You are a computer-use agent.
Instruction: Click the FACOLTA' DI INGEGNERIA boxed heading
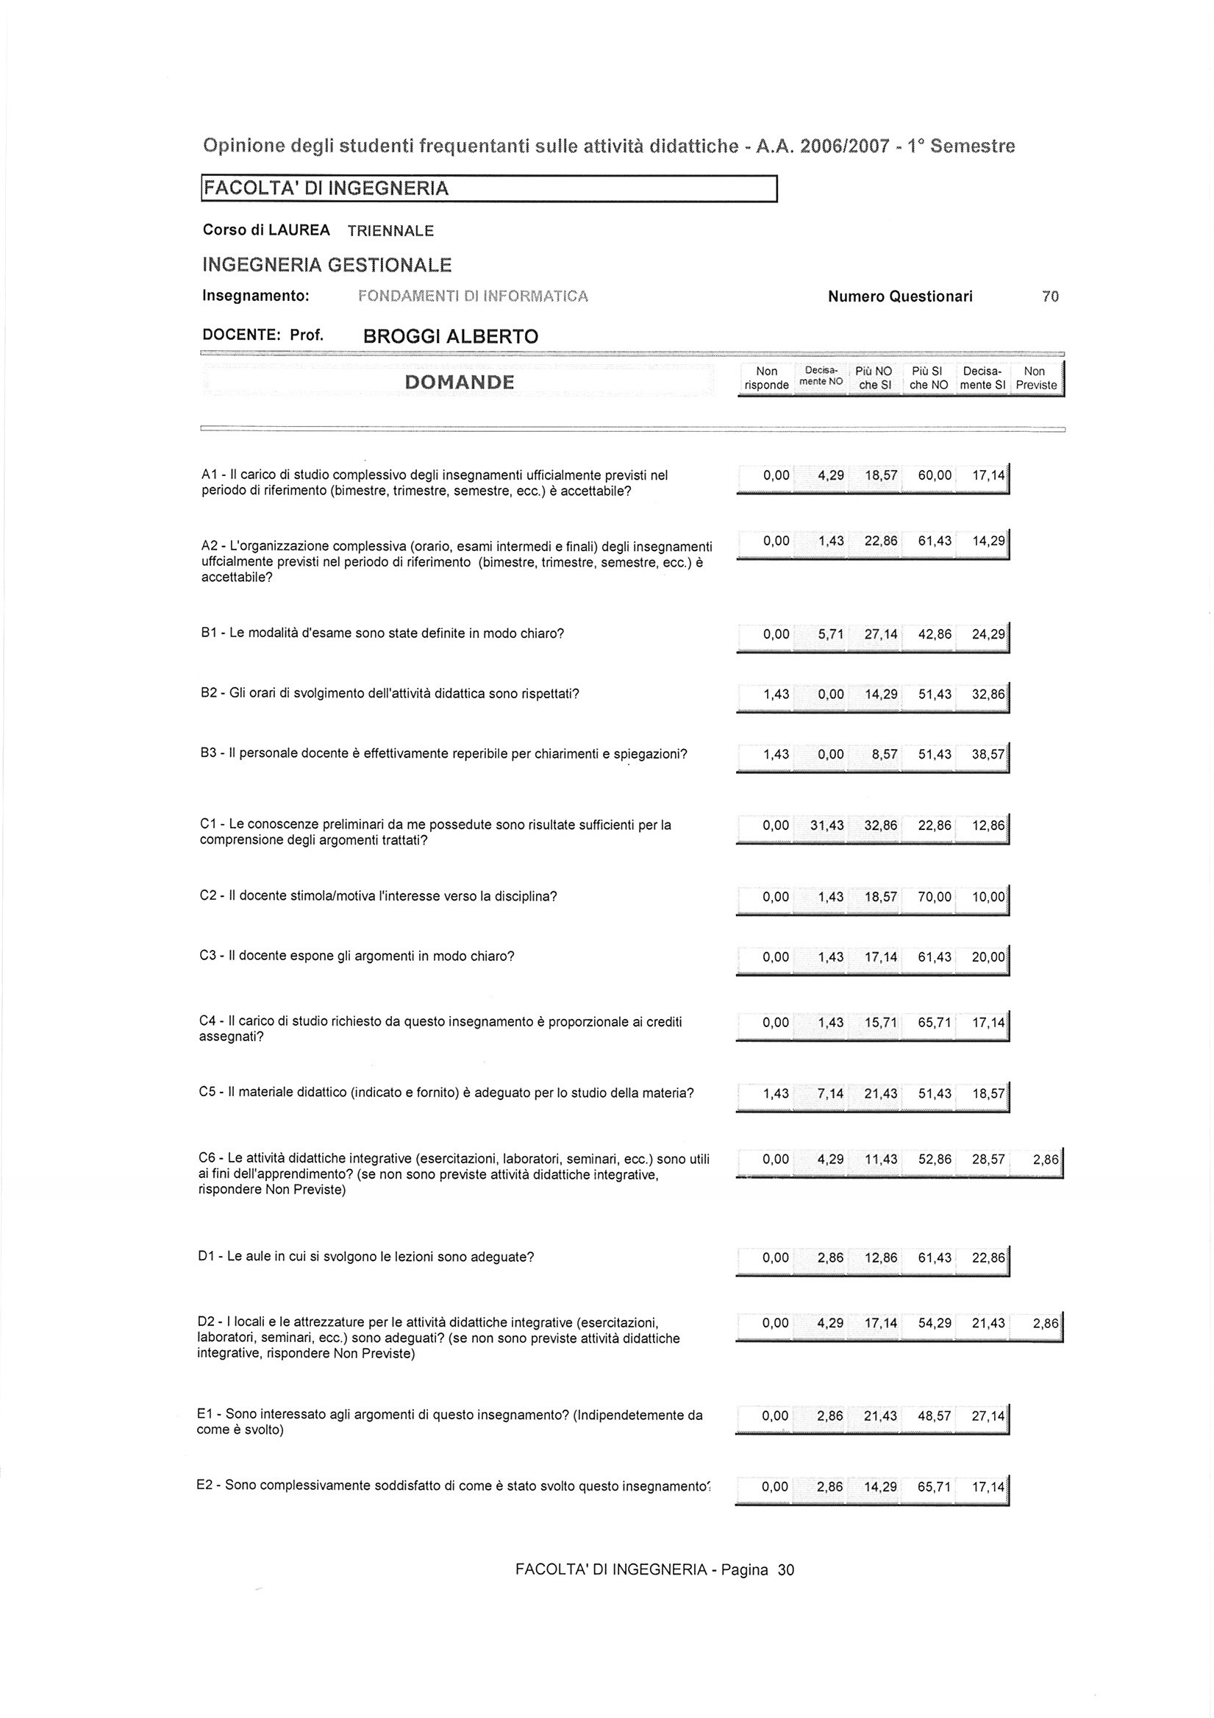[x=328, y=188]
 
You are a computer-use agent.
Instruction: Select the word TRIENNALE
[x=390, y=231]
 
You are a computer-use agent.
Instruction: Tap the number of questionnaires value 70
[x=1050, y=297]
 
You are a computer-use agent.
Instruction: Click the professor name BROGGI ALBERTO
[x=450, y=337]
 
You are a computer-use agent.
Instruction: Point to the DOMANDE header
[x=460, y=383]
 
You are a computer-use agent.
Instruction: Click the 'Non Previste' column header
[x=1035, y=379]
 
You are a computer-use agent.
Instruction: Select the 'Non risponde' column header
[x=767, y=379]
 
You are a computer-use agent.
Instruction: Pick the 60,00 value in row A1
[x=935, y=475]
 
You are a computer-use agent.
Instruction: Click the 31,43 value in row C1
[x=826, y=826]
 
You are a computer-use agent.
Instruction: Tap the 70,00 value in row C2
[x=935, y=896]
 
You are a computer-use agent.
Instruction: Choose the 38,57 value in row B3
[x=988, y=755]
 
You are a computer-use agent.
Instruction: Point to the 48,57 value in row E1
[x=935, y=1416]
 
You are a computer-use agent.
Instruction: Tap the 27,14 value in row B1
[x=881, y=634]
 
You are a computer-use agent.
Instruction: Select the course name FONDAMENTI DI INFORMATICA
[x=474, y=297]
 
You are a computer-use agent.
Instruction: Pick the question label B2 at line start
[x=209, y=694]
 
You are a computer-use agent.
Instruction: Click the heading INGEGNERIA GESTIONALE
[x=327, y=265]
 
